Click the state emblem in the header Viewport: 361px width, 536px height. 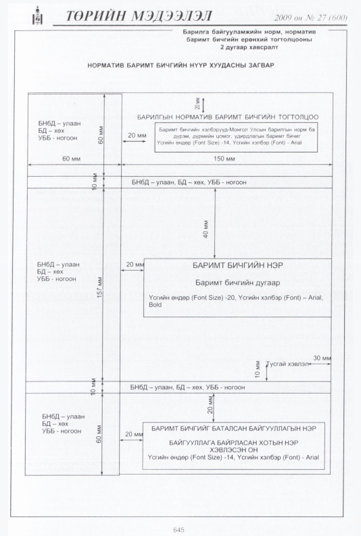(37, 16)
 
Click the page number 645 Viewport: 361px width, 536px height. (178, 529)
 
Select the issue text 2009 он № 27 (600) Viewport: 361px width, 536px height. (311, 18)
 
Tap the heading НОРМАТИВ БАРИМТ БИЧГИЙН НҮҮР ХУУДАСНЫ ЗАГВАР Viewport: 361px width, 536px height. (180, 65)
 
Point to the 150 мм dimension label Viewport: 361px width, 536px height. (224, 159)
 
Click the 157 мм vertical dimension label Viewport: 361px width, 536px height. (100, 287)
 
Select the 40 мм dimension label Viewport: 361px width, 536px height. (206, 230)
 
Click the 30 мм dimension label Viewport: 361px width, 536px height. (322, 358)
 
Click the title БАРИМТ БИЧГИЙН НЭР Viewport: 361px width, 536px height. (238, 265)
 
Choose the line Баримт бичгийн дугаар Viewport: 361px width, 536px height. (238, 283)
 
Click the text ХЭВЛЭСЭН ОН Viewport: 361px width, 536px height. (234, 450)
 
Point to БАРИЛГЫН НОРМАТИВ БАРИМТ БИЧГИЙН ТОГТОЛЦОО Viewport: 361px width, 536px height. (228, 117)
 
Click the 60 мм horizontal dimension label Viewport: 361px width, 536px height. (72, 159)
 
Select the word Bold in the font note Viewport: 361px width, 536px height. (155, 304)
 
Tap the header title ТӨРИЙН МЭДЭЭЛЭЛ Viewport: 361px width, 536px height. (139, 16)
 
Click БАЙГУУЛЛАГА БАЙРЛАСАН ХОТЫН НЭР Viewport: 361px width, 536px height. (234, 443)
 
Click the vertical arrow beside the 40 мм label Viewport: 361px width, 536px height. (215, 223)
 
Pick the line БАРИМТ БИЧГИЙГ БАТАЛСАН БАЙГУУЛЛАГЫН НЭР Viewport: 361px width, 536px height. (234, 429)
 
